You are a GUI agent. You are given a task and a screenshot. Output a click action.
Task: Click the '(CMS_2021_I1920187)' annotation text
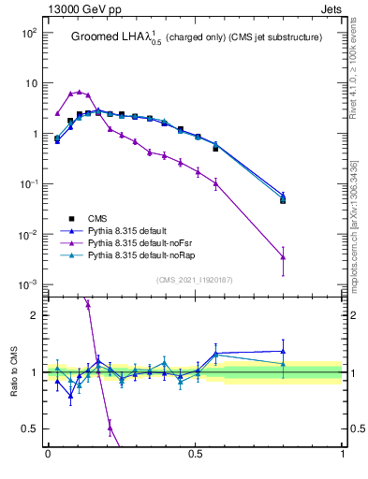click(195, 280)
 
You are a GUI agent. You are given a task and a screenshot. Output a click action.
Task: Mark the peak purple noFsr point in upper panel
click(80, 92)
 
